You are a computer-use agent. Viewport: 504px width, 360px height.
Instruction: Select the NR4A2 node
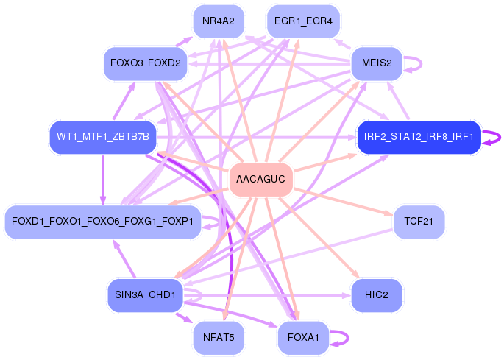point(218,21)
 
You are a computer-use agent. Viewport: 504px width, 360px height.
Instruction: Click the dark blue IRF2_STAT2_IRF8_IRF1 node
point(419,137)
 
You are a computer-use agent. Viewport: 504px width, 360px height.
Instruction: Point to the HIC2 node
point(376,294)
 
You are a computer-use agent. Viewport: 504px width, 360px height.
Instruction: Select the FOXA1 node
point(303,337)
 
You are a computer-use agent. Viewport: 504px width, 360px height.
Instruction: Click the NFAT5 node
point(219,337)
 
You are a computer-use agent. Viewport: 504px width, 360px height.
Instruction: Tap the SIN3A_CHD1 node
point(144,294)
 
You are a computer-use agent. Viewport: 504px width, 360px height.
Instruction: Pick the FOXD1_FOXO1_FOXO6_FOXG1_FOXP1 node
point(102,221)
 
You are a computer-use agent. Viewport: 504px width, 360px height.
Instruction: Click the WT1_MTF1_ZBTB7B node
point(102,137)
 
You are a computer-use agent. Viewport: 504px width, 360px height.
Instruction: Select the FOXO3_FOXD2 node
point(145,63)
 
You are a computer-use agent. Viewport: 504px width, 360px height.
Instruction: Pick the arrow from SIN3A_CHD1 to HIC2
point(280,295)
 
